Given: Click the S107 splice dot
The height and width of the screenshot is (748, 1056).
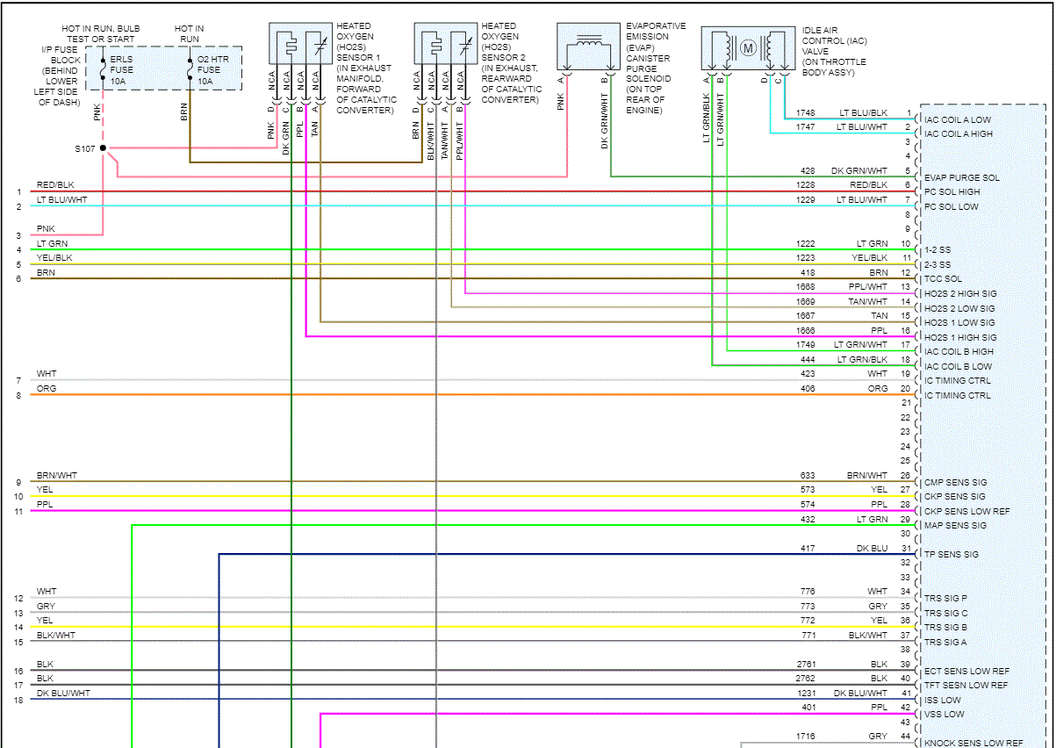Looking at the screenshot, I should [x=103, y=148].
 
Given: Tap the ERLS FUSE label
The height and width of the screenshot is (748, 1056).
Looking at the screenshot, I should [x=122, y=69].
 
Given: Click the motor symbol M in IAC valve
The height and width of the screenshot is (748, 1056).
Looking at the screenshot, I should [x=748, y=48].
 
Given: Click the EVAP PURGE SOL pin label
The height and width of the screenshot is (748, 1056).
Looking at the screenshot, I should [x=961, y=177].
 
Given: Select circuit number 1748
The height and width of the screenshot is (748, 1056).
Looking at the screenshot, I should [x=805, y=113].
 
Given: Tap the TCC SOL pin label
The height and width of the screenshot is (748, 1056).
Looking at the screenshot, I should [x=943, y=279].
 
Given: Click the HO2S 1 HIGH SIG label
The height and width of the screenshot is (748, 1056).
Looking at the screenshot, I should [x=960, y=337].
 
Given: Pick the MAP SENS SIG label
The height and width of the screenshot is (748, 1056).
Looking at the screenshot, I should [x=955, y=525].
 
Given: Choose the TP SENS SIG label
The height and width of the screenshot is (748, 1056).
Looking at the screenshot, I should [x=952, y=554].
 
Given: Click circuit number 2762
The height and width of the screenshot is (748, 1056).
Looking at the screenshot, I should [x=805, y=678].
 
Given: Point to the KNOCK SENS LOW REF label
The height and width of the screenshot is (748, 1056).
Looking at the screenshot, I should [x=973, y=743].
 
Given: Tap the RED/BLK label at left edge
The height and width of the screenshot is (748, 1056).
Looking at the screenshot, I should [x=54, y=185].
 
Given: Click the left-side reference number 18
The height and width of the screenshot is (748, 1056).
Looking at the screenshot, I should [x=18, y=700].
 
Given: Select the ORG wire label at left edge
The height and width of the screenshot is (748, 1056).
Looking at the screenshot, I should [x=46, y=388].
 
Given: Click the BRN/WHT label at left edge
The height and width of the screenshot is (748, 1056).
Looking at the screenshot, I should [x=56, y=475].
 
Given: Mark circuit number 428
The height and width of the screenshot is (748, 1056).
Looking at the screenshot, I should [x=808, y=171].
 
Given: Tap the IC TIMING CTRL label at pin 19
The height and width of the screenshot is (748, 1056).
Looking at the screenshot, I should [x=957, y=380].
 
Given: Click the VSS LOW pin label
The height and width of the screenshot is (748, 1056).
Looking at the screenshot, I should [x=944, y=714].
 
